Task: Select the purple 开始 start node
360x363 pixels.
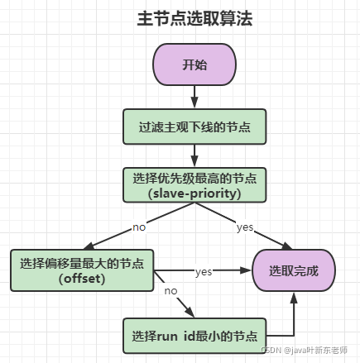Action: coord(194,64)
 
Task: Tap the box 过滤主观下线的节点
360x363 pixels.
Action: coord(194,126)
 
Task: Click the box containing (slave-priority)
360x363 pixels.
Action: coord(194,186)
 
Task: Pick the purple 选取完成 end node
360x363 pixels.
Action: coord(293,270)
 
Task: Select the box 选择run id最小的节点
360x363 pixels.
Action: coord(194,337)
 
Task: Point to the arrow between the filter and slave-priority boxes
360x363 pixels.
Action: coord(194,155)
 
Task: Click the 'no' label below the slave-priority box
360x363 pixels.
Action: coord(140,225)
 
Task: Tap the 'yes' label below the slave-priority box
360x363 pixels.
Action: coord(245,226)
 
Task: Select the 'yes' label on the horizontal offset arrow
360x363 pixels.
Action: coord(204,270)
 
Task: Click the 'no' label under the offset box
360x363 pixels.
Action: coord(170,290)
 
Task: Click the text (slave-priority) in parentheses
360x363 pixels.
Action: coord(194,193)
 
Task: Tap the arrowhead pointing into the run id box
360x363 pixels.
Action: coord(191,314)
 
